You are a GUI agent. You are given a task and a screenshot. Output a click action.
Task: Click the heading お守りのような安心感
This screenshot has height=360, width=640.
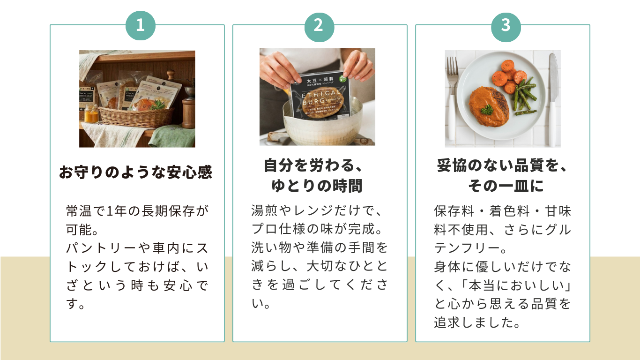(x=135, y=172)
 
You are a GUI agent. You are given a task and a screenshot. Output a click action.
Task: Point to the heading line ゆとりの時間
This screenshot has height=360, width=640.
(x=317, y=186)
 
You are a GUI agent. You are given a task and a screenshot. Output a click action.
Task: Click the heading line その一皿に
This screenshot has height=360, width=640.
(x=506, y=186)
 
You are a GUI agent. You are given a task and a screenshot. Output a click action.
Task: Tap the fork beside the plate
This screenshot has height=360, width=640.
(x=452, y=98)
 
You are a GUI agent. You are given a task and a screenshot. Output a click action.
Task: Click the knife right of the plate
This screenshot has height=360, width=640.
(x=553, y=98)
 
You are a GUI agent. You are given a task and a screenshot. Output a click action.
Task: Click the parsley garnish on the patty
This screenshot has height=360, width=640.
(x=487, y=109)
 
